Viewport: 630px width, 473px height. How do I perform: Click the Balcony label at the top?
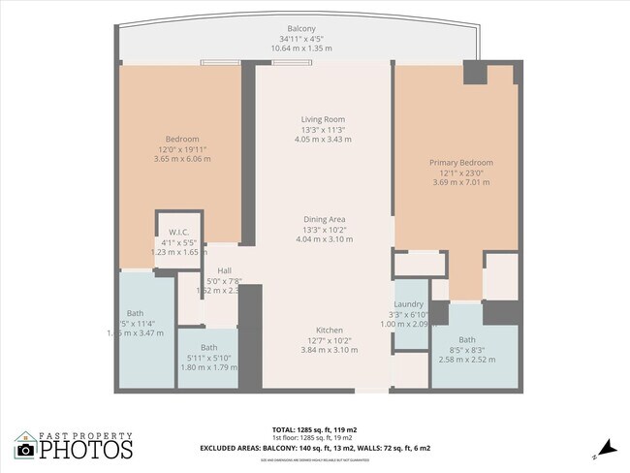tap(301, 28)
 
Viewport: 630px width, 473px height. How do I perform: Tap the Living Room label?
tap(323, 119)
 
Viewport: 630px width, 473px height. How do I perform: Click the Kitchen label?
tap(323, 330)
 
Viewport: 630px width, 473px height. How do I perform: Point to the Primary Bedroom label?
tap(461, 162)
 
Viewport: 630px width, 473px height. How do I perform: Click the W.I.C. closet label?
tap(178, 232)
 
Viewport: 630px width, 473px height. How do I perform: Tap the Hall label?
tap(224, 270)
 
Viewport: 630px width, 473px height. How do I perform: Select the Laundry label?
tap(408, 304)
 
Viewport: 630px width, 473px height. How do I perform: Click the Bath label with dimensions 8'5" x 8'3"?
tap(467, 339)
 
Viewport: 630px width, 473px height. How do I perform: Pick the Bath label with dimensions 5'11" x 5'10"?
tap(208, 347)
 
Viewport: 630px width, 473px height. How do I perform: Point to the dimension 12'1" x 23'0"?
tap(461, 173)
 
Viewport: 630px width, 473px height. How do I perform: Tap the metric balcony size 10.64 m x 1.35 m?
tap(301, 47)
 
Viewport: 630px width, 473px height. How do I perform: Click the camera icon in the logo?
tap(25, 449)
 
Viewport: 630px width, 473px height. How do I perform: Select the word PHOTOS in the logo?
tap(85, 450)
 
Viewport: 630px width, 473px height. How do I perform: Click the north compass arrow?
tap(606, 447)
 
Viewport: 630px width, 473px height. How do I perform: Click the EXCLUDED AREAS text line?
tap(315, 448)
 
